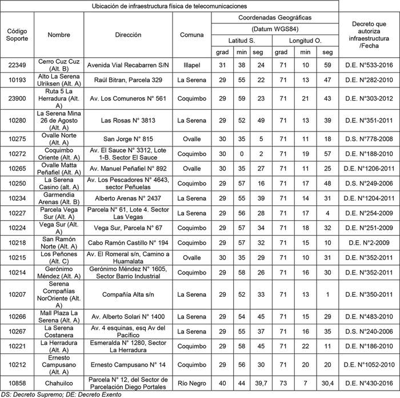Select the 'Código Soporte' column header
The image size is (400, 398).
pyautogui.click(x=17, y=35)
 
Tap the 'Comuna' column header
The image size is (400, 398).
pyautogui.click(x=191, y=35)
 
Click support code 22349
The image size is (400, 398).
pyautogui.click(x=17, y=65)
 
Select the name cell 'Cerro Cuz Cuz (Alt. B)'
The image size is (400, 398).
pyautogui.click(x=59, y=65)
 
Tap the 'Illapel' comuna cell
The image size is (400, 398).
pyautogui.click(x=191, y=65)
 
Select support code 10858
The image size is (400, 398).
pyautogui.click(x=17, y=381)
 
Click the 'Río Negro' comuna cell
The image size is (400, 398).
pyautogui.click(x=191, y=381)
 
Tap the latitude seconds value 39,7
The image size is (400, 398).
pyautogui.click(x=261, y=381)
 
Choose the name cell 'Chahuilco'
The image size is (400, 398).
pyautogui.click(x=59, y=381)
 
